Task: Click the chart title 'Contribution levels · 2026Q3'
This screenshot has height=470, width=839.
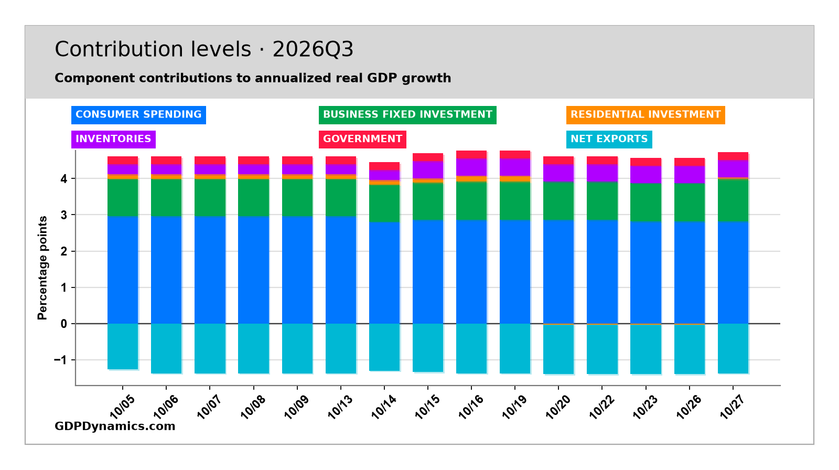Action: [x=204, y=49]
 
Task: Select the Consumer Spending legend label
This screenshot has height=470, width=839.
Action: [x=138, y=115]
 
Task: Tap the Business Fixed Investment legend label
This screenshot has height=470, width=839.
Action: [x=407, y=115]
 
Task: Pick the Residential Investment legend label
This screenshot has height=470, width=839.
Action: [x=646, y=115]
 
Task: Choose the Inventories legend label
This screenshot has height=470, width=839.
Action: [x=113, y=139]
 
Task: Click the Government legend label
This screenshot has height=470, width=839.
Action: [x=362, y=139]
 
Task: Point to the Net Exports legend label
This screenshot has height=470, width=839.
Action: [x=609, y=139]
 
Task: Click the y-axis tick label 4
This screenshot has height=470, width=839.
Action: [x=63, y=179]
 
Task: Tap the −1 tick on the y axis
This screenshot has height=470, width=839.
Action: [x=61, y=360]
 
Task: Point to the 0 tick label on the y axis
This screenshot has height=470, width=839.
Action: [x=63, y=324]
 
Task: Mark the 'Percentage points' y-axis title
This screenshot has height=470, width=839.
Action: [x=42, y=268]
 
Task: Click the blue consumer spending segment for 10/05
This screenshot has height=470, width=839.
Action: [x=123, y=270]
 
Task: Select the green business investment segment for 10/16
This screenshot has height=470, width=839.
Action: [x=471, y=201]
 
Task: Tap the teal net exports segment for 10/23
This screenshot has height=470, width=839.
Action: [x=646, y=349]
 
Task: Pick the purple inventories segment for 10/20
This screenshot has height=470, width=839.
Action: [x=558, y=173]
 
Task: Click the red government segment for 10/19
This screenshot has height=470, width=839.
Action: [x=515, y=154]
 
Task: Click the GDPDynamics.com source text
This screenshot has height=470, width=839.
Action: [x=115, y=426]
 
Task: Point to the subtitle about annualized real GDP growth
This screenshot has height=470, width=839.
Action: [x=253, y=78]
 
